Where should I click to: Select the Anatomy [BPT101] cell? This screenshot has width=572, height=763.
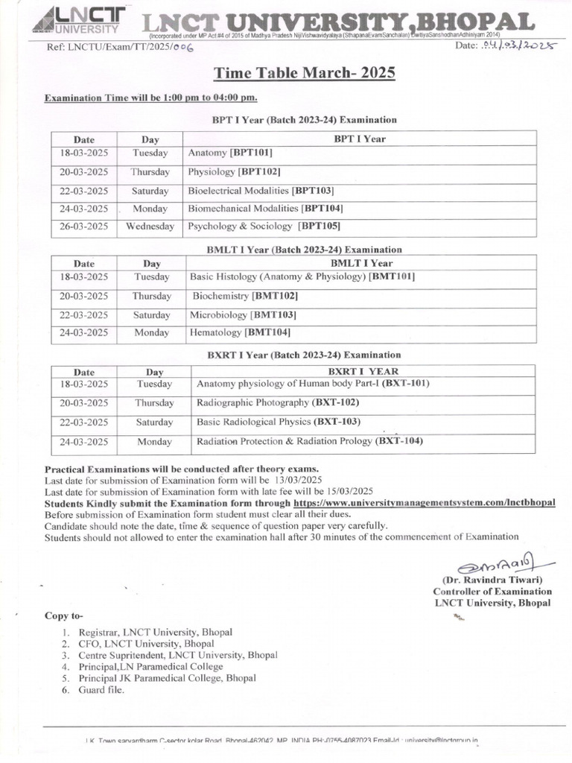(x=230, y=153)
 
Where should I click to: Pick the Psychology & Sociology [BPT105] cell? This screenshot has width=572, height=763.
(x=264, y=226)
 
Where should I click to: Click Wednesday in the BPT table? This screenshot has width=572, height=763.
(x=150, y=226)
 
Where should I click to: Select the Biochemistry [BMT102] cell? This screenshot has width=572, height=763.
(x=240, y=296)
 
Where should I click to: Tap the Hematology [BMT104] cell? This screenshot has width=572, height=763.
(x=240, y=332)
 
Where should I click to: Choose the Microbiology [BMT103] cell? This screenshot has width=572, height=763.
(x=243, y=314)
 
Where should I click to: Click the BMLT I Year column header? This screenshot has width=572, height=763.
(x=360, y=263)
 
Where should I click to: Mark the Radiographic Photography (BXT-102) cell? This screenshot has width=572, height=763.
(x=277, y=402)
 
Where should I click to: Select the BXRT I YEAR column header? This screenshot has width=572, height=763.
(x=363, y=371)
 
